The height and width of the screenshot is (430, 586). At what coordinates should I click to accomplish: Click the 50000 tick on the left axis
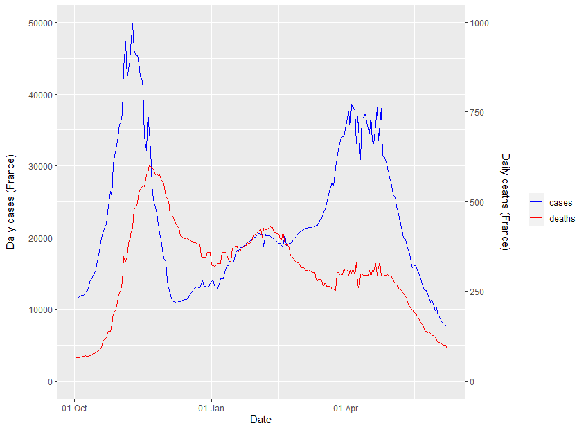[x=36, y=23]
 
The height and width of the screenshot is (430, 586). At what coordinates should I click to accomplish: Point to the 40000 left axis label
[x=36, y=95]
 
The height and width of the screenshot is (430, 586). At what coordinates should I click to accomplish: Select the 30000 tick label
[x=36, y=166]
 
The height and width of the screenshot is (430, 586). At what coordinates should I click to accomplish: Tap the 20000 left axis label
[x=36, y=238]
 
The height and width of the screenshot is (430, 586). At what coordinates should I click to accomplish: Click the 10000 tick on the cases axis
[x=36, y=310]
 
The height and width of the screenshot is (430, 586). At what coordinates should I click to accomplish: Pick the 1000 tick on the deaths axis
[x=481, y=23]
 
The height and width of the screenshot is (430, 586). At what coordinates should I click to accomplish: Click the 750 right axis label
[x=479, y=112]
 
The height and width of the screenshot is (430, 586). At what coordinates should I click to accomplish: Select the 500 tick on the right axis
[x=479, y=202]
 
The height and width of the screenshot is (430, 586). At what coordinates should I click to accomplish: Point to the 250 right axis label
[x=479, y=292]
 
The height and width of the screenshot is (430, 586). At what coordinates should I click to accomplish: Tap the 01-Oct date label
[x=74, y=408]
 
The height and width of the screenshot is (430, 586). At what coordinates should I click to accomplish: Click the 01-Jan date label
[x=211, y=408]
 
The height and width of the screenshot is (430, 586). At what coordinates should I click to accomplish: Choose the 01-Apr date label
[x=346, y=408]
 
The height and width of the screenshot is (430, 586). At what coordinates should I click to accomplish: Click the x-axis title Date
[x=260, y=420]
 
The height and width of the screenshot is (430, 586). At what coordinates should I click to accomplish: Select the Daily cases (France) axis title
[x=10, y=202]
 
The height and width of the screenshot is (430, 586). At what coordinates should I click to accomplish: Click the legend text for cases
[x=560, y=203]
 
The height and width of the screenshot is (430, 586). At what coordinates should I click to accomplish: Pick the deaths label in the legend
[x=562, y=219]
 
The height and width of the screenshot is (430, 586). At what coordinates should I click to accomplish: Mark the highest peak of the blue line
[x=132, y=23]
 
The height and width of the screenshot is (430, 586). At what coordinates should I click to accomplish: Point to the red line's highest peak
[x=150, y=165]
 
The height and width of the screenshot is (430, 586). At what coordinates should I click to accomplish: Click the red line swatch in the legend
[x=537, y=219]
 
